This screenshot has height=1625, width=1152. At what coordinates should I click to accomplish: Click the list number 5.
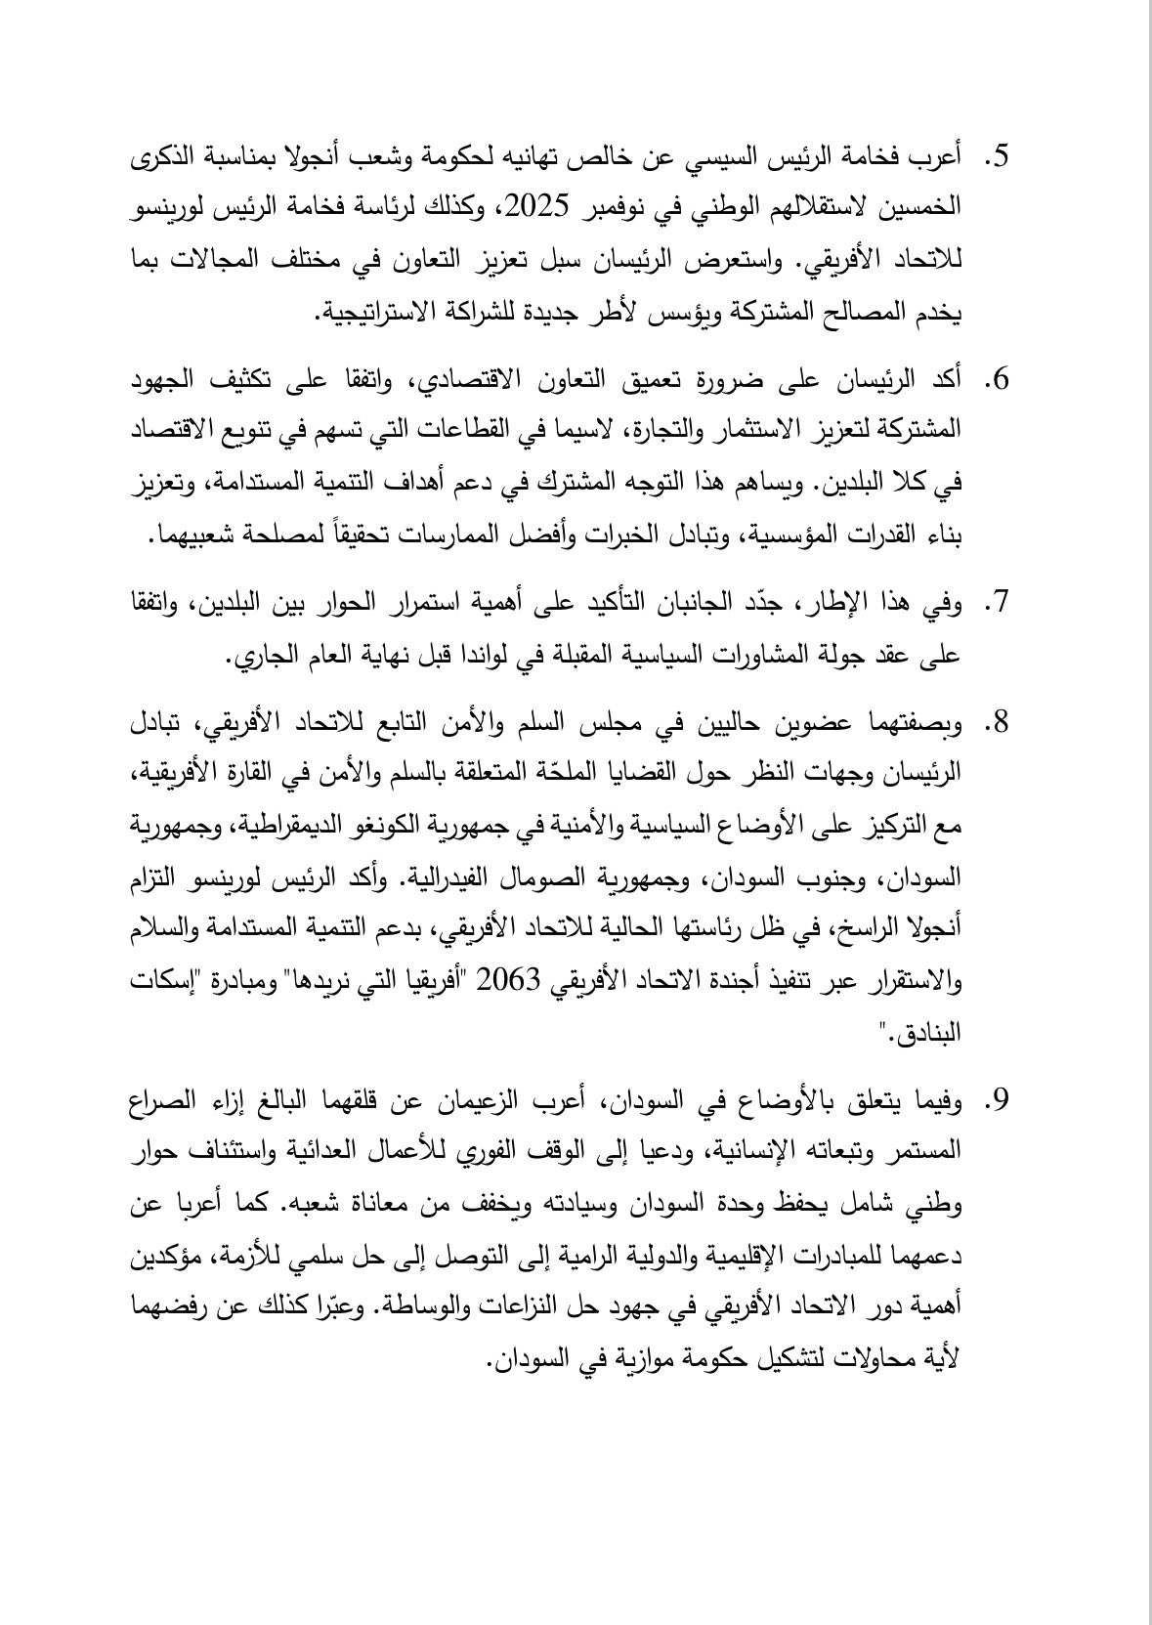[x=998, y=156]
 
